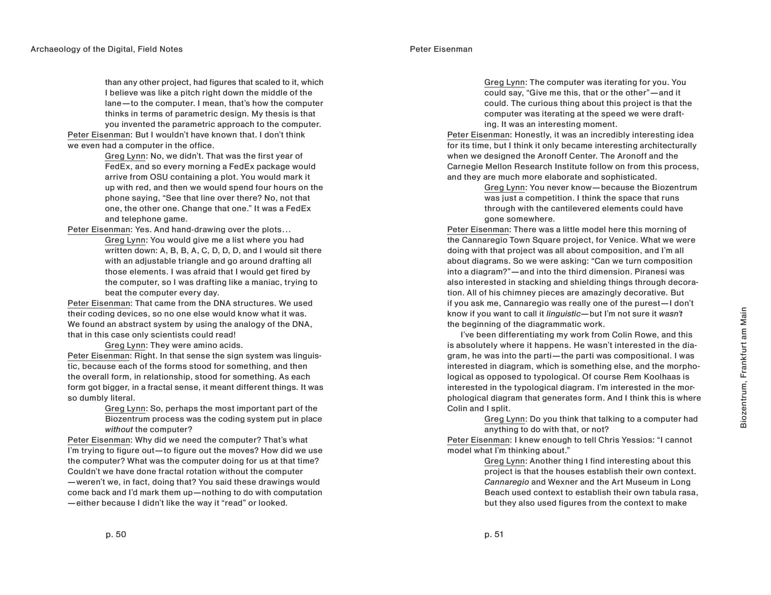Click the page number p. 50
116,534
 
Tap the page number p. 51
494,534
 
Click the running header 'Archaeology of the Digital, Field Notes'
106,49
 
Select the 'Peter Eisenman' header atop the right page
441,49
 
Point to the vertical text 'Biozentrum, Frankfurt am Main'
744,367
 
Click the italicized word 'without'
119,430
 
